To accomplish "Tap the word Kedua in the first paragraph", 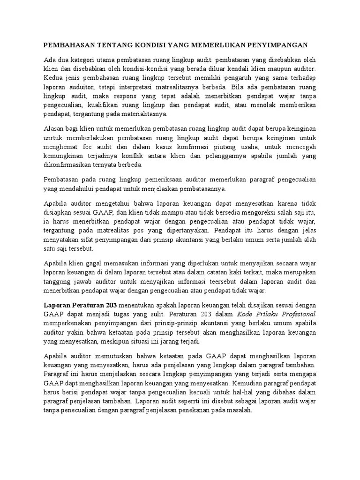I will (x=53, y=77).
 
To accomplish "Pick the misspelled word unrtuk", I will (x=54, y=137).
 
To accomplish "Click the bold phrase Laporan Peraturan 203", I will (x=80, y=305).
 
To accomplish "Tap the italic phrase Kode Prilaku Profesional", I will (x=277, y=314).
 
